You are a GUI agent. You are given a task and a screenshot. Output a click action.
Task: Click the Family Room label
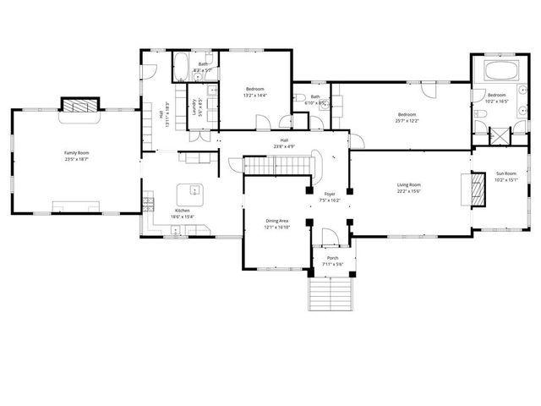[77, 153]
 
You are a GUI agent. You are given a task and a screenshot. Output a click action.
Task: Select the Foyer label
[330, 194]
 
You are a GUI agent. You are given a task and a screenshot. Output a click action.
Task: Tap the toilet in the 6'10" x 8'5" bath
[301, 100]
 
